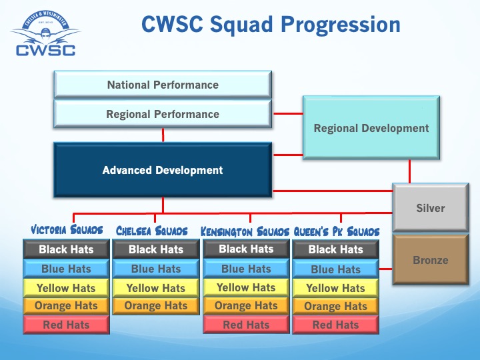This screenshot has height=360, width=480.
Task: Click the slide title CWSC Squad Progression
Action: pyautogui.click(x=271, y=25)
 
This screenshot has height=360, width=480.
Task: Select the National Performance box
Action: pyautogui.click(x=163, y=85)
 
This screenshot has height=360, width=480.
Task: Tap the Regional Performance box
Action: pyautogui.click(x=163, y=114)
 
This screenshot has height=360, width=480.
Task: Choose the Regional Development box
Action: pyautogui.click(x=371, y=128)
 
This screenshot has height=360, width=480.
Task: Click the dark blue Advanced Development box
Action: pyautogui.click(x=163, y=170)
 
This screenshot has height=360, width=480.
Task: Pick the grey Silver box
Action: pyautogui.click(x=430, y=208)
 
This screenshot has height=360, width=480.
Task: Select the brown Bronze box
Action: pyautogui.click(x=430, y=260)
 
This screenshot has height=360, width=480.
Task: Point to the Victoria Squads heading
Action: pyautogui.click(x=67, y=231)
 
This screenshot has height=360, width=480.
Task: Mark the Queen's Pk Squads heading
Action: pyautogui.click(x=337, y=231)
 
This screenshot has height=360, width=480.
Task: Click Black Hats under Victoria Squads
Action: pyautogui.click(x=66, y=249)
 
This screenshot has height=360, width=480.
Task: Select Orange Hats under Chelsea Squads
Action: pyautogui.click(x=156, y=306)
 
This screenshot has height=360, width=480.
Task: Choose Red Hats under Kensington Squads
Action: pyautogui.click(x=246, y=325)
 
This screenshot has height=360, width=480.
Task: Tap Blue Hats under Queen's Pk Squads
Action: pyautogui.click(x=335, y=269)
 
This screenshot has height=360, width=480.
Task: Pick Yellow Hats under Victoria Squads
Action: pyautogui.click(x=66, y=288)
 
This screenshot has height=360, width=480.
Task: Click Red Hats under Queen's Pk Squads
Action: pyautogui.click(x=335, y=325)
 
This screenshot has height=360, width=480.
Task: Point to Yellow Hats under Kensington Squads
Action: pyautogui.click(x=246, y=287)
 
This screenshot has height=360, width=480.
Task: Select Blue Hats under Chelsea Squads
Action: pyautogui.click(x=156, y=269)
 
